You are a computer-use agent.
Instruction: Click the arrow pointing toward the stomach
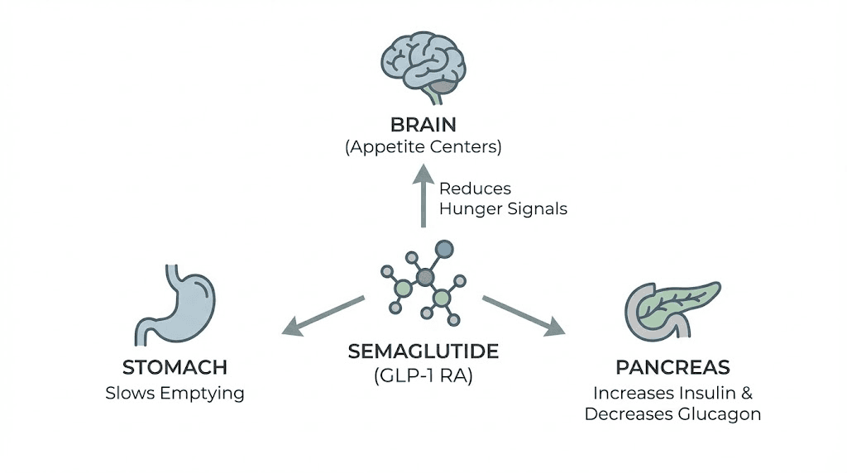pos(323,315)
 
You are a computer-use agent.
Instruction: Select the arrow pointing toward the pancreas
pos(523,315)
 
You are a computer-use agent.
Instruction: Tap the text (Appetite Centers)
pos(423,148)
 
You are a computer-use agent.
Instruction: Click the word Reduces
pos(475,189)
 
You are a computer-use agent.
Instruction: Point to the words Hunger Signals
pos(503,208)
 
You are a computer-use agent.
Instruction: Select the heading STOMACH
pos(175,368)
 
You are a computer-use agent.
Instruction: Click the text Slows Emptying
pos(175,393)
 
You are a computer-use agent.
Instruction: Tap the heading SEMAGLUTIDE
pos(423,351)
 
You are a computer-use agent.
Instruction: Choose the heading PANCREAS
pos(672,367)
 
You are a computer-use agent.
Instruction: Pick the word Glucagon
pos(720,413)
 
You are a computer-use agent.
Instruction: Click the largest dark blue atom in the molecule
pos(444,247)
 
